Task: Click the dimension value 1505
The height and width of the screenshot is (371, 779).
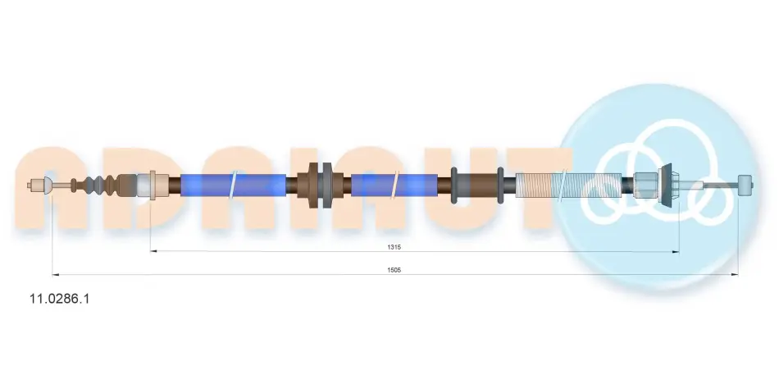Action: (x=394, y=270)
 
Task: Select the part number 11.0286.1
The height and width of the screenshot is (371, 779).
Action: (x=60, y=299)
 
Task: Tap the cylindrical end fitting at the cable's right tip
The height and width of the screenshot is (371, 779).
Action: (x=745, y=185)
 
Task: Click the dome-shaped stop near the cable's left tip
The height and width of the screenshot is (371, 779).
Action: (x=48, y=185)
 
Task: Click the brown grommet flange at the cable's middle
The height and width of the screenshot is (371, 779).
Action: (x=312, y=185)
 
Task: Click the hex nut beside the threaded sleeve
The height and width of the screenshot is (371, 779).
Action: (x=645, y=185)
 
